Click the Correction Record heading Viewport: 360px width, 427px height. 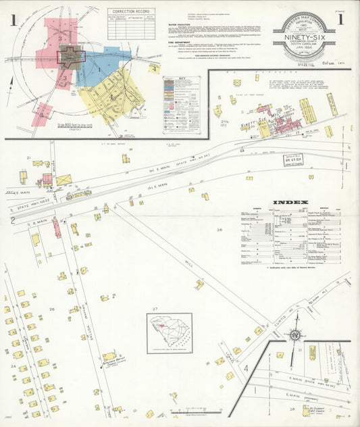click(131, 11)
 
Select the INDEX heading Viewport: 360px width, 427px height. click(290, 202)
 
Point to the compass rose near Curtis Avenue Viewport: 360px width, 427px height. click(294, 334)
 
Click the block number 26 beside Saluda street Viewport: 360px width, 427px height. click(51, 309)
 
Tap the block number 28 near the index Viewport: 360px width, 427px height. click(219, 230)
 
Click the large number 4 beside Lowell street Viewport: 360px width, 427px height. click(247, 368)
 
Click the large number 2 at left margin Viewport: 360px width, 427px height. click(12, 220)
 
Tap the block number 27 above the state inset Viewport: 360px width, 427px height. click(155, 309)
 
